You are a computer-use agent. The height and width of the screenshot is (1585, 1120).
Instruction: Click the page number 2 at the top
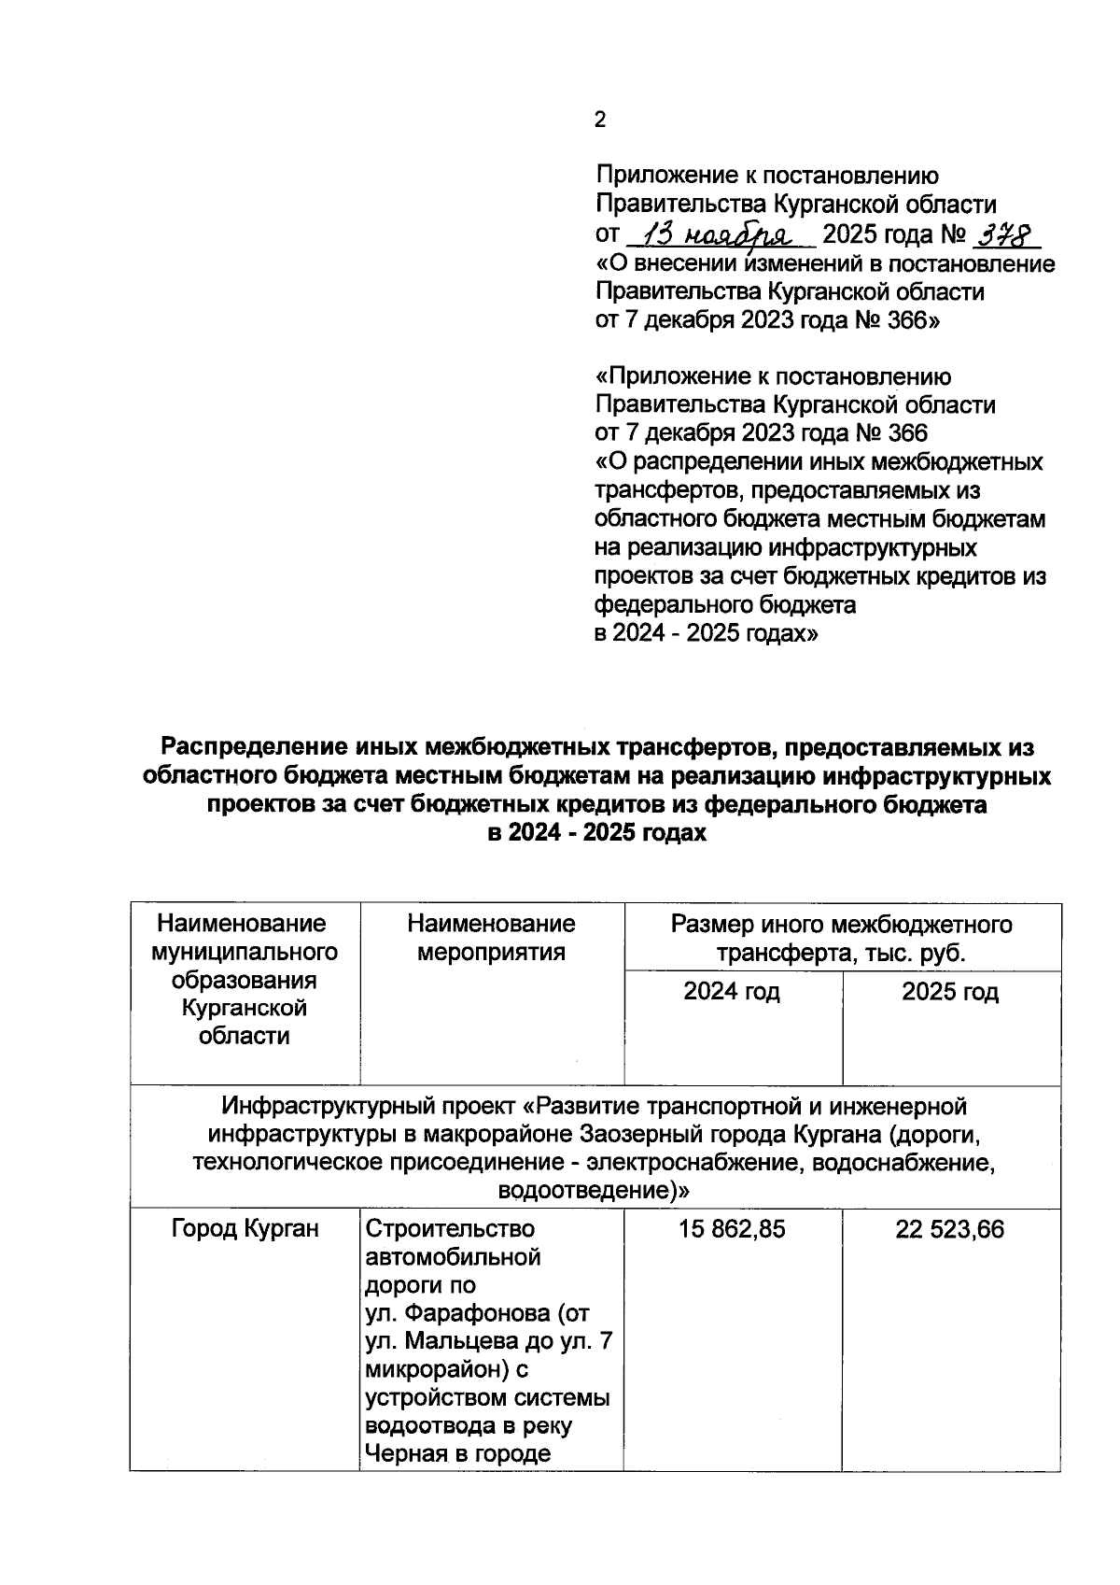(600, 120)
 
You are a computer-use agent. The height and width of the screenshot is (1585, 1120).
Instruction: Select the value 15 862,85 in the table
(733, 1230)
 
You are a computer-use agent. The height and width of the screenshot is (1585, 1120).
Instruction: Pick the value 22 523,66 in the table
(950, 1230)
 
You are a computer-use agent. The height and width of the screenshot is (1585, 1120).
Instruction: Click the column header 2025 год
(950, 991)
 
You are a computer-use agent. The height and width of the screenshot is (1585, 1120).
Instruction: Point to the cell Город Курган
(245, 1230)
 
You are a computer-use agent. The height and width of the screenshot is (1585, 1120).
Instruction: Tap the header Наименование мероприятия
(491, 938)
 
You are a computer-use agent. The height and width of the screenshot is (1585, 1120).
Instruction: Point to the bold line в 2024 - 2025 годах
(597, 833)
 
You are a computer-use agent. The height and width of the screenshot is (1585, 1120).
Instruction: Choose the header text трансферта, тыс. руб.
(841, 954)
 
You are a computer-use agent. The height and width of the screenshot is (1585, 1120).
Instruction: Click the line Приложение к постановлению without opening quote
(767, 176)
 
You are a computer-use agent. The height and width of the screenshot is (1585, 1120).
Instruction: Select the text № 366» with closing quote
(897, 320)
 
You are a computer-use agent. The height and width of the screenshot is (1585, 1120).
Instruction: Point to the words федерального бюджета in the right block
(725, 605)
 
